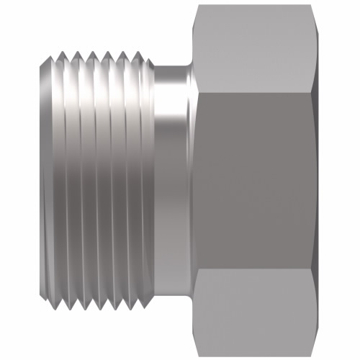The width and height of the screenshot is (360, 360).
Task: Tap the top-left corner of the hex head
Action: (x=197, y=7)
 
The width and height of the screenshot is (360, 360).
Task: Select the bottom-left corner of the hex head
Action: (x=197, y=353)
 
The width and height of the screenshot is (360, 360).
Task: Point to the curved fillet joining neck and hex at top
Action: (x=189, y=68)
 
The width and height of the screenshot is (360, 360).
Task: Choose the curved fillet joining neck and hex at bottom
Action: (x=189, y=292)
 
